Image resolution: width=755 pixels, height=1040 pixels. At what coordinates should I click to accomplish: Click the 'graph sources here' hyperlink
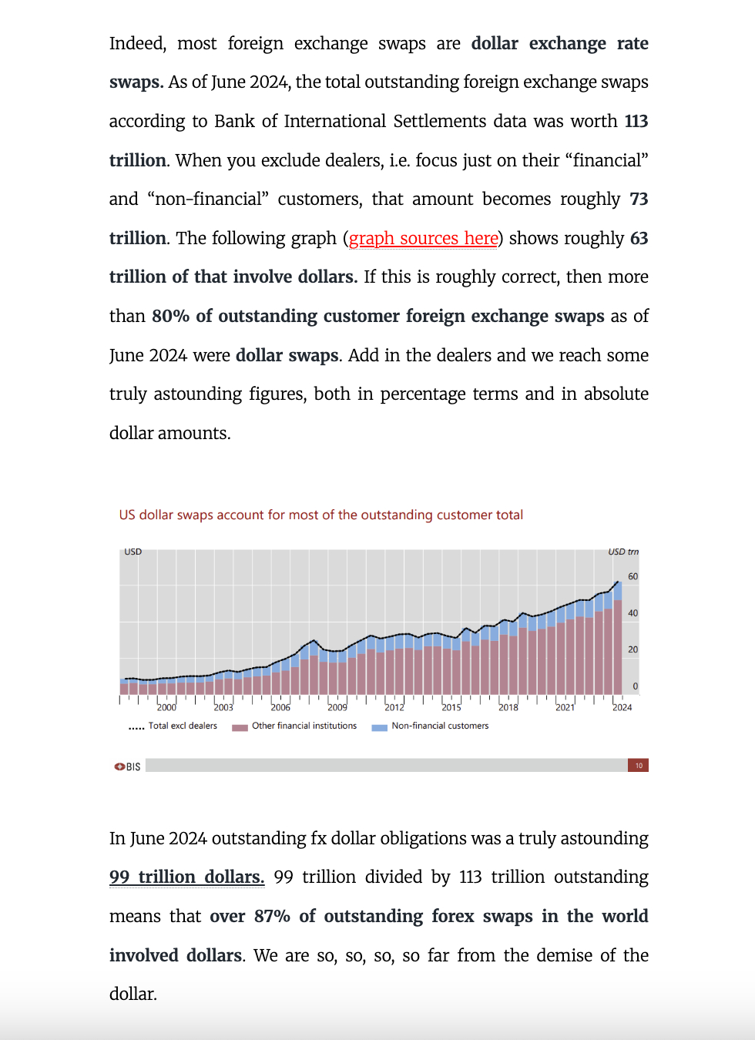[x=423, y=239]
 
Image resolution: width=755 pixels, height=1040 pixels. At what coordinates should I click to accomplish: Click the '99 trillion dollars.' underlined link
[x=186, y=877]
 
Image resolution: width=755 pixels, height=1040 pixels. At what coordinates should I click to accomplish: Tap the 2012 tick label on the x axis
[x=394, y=707]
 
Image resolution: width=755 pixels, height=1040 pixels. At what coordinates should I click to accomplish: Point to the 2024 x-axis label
[x=622, y=707]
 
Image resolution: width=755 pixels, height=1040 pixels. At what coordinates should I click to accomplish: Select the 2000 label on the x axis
[x=166, y=707]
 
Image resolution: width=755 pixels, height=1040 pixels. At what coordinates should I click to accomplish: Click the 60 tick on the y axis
[x=633, y=576]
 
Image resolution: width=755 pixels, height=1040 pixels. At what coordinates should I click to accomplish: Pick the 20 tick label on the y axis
[x=633, y=649]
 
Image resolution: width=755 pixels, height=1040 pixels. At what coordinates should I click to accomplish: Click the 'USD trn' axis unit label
[x=622, y=552]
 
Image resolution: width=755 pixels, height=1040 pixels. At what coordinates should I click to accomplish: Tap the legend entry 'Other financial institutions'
[x=304, y=726]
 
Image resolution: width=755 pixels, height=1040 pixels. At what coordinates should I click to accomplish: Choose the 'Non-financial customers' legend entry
[x=439, y=726]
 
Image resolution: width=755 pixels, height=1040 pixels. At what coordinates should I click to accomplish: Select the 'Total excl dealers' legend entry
[x=183, y=726]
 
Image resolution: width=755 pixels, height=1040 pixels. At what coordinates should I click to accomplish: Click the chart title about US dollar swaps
[x=320, y=515]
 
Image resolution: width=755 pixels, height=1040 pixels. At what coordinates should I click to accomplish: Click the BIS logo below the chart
[x=128, y=767]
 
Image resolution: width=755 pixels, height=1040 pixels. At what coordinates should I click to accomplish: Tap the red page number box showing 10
[x=638, y=765]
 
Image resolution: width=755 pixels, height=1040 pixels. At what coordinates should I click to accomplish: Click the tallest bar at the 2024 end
[x=618, y=647]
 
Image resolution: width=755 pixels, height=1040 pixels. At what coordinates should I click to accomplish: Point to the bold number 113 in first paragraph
[x=636, y=122]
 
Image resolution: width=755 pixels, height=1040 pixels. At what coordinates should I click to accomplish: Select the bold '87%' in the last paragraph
[x=271, y=917]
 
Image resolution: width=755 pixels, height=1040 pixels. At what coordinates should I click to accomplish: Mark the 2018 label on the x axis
[x=508, y=707]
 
